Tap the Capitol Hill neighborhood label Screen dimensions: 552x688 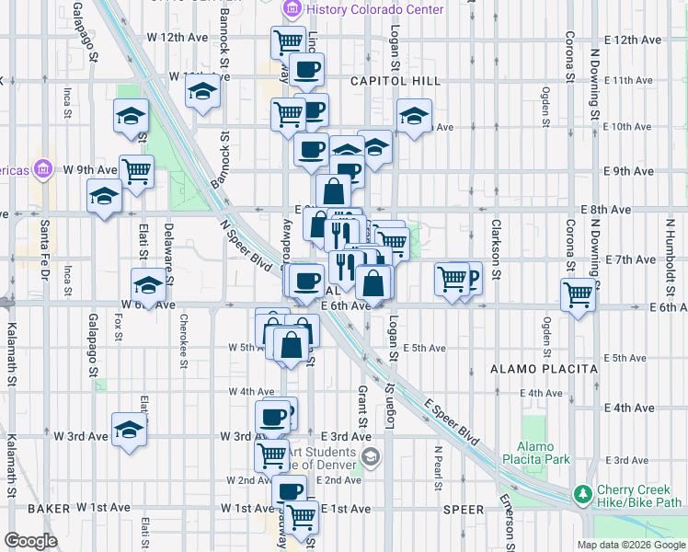395,81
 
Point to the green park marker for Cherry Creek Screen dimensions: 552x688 582,495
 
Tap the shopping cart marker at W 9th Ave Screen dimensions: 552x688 136,171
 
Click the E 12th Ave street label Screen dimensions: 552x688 634,40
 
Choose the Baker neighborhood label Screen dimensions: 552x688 49,508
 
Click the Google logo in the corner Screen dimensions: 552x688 30,541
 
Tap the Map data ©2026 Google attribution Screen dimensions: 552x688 630,545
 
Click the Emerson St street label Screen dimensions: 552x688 507,512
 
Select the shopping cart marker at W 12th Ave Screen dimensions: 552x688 289,41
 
